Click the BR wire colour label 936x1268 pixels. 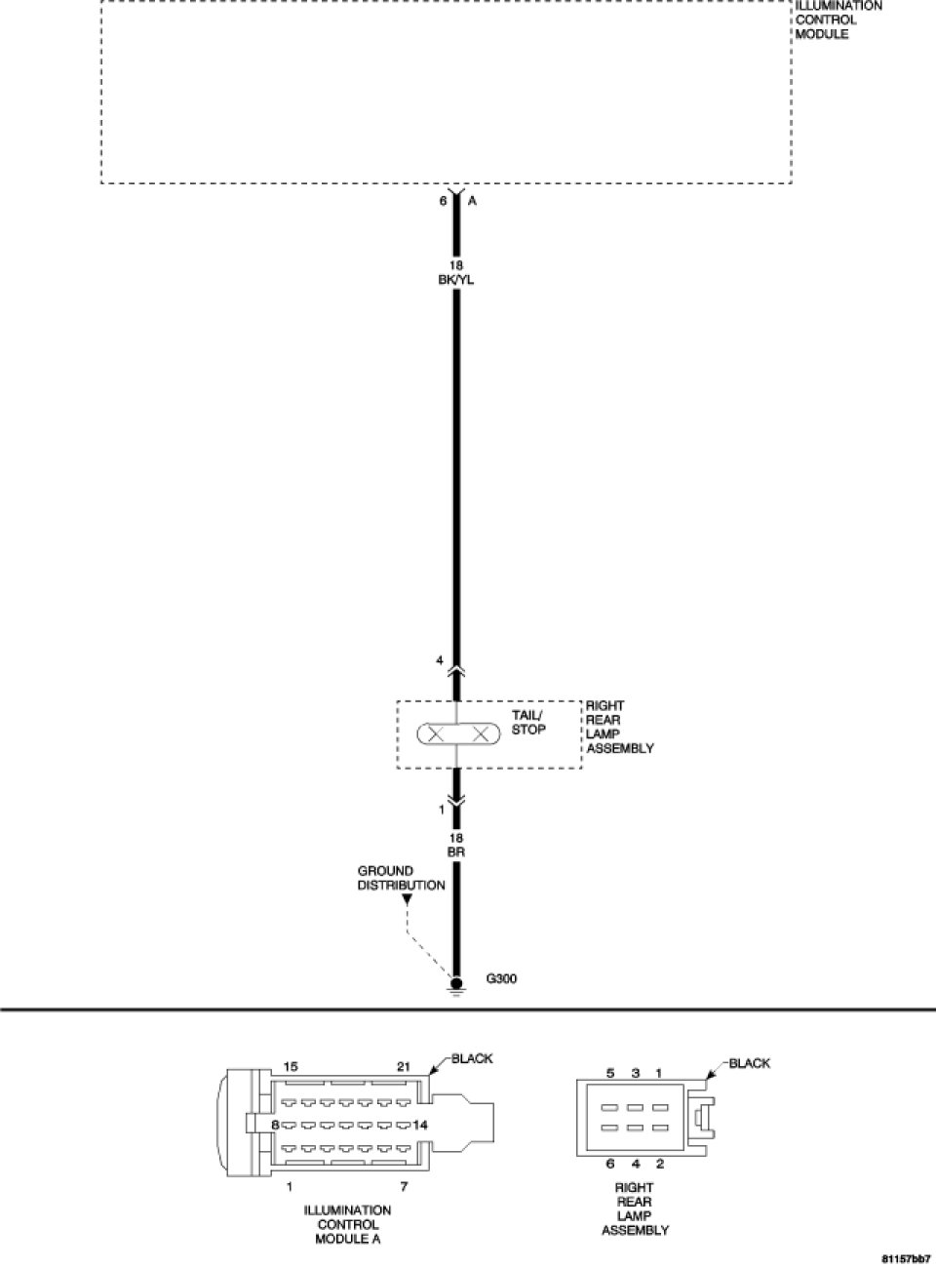coord(455,852)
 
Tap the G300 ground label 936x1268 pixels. coord(501,979)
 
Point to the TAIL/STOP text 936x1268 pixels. coord(528,722)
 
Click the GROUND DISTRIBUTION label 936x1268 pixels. coord(401,878)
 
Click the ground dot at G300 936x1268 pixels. coord(455,983)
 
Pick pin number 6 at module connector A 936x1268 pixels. coord(443,201)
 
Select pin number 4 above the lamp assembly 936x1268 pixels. coord(441,660)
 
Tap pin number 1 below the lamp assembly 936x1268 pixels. coord(441,810)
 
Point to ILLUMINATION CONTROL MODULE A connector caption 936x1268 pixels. coord(347,1224)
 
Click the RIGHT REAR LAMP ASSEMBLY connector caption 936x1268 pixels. coord(634,1209)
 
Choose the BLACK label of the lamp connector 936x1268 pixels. coord(750,1063)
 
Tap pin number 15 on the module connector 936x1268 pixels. coord(291,1066)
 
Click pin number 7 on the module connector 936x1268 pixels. coord(404,1186)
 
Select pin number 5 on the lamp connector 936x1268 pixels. coord(610,1073)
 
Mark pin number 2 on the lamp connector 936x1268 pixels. coord(660,1163)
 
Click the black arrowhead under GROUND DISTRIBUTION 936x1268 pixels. coord(408,899)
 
